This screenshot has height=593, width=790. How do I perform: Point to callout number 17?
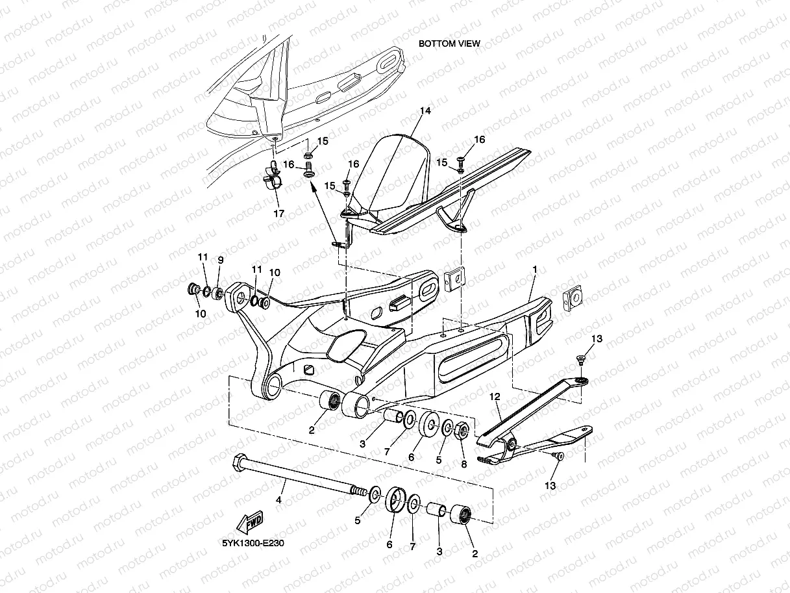coord(278,213)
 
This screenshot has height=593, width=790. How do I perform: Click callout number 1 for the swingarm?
coord(535,268)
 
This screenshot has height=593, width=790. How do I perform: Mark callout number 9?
coord(220,260)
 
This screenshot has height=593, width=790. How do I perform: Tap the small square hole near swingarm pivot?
coord(310,369)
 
